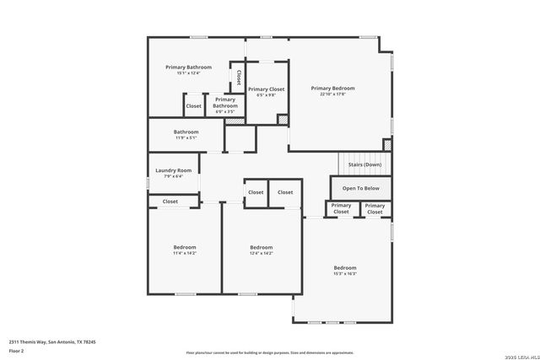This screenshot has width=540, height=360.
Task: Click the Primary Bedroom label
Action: click(x=332, y=88)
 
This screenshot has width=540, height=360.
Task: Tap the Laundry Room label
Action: click(x=173, y=170)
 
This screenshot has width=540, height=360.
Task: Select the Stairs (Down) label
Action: click(x=364, y=164)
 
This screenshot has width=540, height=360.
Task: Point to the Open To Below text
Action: click(x=360, y=188)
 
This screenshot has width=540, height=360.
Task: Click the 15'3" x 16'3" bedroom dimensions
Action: click(x=344, y=273)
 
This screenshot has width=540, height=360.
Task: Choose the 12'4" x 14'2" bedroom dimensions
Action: click(x=261, y=253)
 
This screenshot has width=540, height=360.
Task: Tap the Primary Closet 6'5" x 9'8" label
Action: click(x=266, y=92)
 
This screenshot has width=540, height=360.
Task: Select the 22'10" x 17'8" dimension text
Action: click(x=332, y=94)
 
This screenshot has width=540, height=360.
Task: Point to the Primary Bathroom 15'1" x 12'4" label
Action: click(x=188, y=70)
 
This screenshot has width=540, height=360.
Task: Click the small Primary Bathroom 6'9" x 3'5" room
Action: click(x=225, y=105)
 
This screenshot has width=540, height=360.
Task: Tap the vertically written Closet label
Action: click(x=239, y=77)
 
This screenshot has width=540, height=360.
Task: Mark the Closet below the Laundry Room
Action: click(x=170, y=201)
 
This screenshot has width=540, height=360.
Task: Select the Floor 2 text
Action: click(x=17, y=348)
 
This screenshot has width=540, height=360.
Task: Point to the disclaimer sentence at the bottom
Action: click(x=270, y=352)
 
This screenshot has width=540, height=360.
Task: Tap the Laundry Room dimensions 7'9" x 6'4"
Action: click(x=173, y=176)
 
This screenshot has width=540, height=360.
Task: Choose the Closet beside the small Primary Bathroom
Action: click(x=194, y=106)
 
